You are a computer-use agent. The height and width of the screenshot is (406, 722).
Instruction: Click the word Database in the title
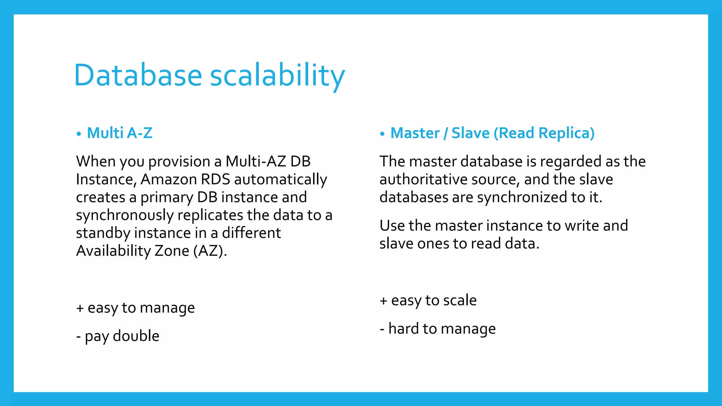(x=138, y=75)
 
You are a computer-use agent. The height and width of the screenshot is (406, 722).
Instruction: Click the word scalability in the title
(x=277, y=76)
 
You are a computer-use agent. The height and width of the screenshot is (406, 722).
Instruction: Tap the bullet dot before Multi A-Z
(x=79, y=134)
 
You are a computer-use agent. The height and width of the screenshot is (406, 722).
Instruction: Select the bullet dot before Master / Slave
(x=382, y=134)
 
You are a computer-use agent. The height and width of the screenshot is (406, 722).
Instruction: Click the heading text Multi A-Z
(x=120, y=133)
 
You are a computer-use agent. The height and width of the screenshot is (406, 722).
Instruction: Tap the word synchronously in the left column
(x=124, y=215)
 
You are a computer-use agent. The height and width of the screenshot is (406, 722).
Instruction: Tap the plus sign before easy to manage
(x=80, y=308)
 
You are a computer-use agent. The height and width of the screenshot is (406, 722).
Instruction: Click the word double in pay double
(x=136, y=336)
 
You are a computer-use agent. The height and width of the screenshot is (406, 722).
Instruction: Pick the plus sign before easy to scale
(x=384, y=301)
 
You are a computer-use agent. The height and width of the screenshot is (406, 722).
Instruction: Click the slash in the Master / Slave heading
(x=446, y=133)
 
